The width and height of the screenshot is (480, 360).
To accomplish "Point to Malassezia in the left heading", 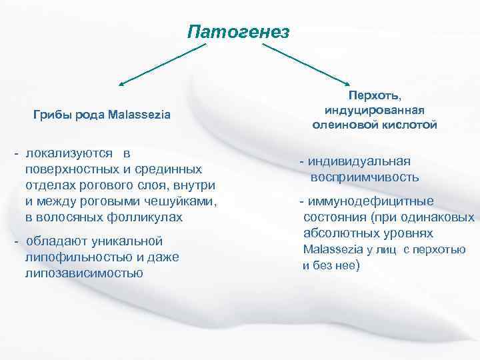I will coord(141,115).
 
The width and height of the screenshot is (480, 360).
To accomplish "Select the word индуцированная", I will coord(375,110).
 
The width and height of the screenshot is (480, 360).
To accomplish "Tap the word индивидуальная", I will coord(360,161).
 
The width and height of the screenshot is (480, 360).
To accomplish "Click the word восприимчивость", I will coord(364,177).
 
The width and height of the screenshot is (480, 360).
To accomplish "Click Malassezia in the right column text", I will coord(334,249).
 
